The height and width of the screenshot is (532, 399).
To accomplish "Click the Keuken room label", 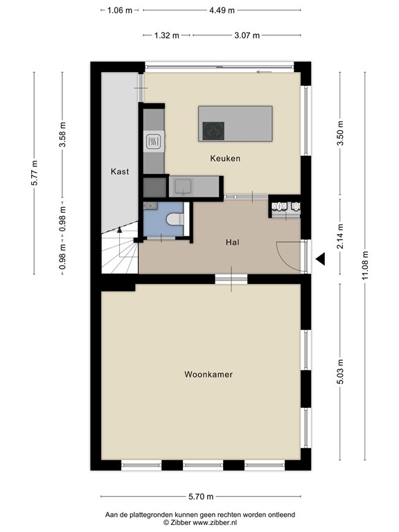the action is click(225, 159).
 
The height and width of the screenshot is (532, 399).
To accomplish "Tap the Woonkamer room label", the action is click(209, 375).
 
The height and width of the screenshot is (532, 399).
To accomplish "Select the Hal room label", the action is click(233, 242).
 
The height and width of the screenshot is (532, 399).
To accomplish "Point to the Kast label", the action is click(120, 172).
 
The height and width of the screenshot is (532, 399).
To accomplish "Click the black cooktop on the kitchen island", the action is click(213, 131).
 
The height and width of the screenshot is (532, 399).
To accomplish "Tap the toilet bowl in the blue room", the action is click(175, 219).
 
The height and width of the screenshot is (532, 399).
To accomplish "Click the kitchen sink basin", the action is click(183, 186).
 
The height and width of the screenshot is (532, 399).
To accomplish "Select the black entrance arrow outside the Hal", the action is click(320, 259).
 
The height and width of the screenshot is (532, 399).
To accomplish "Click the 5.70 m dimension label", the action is click(201, 497).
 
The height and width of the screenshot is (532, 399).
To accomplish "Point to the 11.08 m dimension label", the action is click(365, 266).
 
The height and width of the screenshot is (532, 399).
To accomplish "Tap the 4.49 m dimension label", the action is click(222, 10).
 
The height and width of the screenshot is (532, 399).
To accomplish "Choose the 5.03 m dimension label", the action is click(340, 371).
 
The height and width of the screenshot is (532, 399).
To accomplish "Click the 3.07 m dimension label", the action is click(247, 35).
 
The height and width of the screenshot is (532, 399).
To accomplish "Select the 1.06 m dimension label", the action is click(120, 10).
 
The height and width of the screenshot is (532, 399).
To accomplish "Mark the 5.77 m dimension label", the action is click(34, 172).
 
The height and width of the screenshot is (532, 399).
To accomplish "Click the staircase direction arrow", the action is click(119, 230).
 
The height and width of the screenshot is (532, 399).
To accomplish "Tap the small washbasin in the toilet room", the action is click(150, 206).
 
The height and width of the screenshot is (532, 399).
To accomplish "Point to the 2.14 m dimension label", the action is click(340, 236).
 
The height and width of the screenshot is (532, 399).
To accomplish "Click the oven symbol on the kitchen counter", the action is click(153, 142).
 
